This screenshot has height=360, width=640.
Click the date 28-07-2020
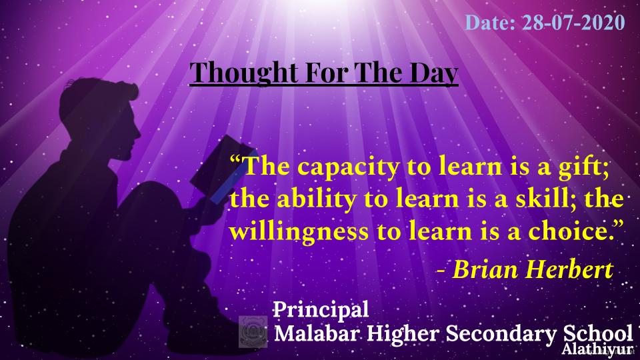[x=573, y=23]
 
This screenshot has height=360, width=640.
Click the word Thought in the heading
[x=244, y=73]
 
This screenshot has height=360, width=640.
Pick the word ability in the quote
[x=317, y=199]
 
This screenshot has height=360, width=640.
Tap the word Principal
[x=321, y=310]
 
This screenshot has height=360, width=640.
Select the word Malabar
[x=317, y=333]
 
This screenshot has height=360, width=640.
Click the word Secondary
[x=501, y=334]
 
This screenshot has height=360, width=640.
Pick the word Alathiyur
[x=597, y=349]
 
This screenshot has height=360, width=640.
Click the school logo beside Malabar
[x=253, y=331]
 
